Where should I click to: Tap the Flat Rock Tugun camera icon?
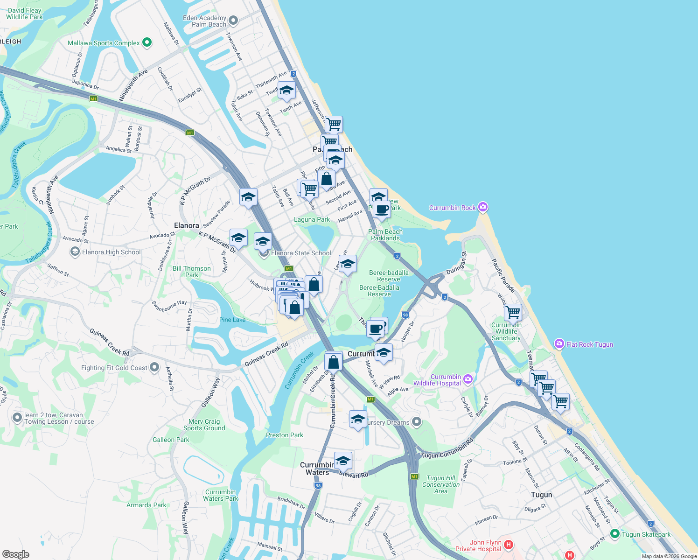(x=559, y=344)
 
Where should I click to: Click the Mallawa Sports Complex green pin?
(x=147, y=42)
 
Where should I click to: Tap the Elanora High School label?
(x=111, y=252)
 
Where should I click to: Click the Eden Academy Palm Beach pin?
(x=234, y=21)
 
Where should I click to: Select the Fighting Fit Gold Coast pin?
(x=154, y=368)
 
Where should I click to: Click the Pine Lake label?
(x=232, y=320)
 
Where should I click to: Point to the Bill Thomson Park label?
(x=192, y=272)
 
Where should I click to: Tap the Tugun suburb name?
(x=541, y=495)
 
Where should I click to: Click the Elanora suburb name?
(x=186, y=225)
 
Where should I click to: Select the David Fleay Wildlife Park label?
(x=24, y=14)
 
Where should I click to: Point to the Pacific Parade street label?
(x=503, y=276)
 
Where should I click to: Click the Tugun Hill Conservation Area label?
(x=441, y=484)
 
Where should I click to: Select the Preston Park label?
(x=285, y=435)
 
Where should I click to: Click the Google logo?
(x=15, y=554)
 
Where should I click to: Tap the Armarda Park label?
(x=146, y=505)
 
